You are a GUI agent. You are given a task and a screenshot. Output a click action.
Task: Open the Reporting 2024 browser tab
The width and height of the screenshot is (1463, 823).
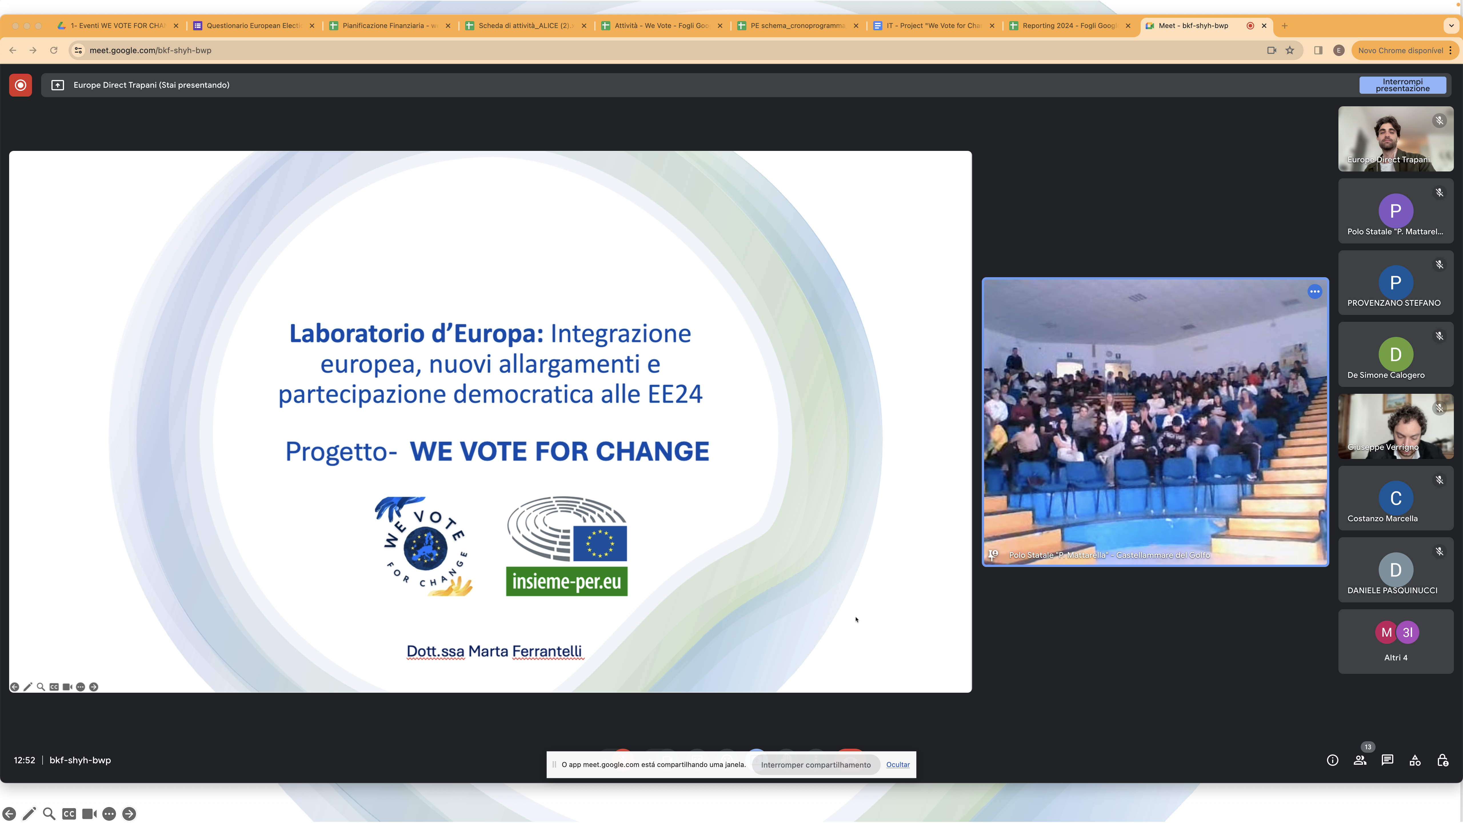point(1069,25)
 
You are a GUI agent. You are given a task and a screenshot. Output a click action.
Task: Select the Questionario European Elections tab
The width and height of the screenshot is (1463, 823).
point(253,25)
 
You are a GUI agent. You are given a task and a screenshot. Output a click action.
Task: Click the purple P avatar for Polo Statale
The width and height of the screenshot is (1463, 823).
point(1395,211)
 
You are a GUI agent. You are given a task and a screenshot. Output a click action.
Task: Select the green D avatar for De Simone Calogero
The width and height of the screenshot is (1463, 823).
point(1395,354)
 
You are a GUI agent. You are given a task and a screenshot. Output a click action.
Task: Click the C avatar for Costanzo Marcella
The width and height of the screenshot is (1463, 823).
point(1395,498)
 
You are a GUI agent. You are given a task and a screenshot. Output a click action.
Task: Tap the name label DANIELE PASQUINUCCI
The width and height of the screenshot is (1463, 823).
point(1392,590)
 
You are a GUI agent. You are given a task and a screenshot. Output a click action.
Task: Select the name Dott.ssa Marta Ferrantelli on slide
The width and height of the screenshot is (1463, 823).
point(494,651)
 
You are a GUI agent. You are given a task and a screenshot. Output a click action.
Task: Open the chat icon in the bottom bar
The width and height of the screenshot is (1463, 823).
point(1388,760)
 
